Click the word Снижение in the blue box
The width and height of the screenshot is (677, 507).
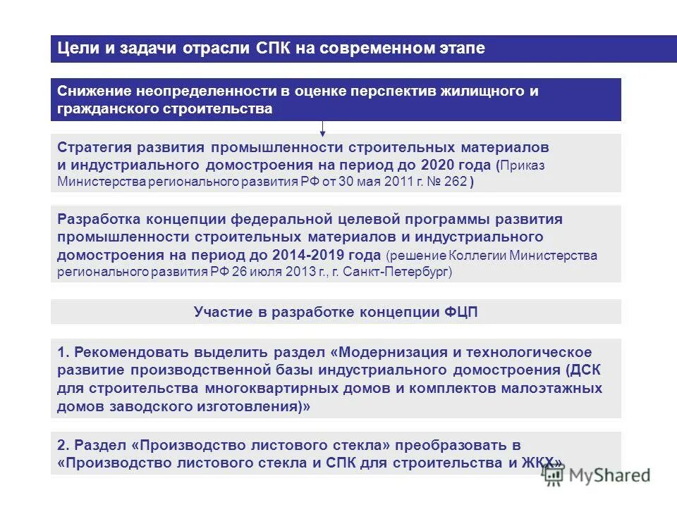[91, 92]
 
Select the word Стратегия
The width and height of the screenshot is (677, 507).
[94, 148]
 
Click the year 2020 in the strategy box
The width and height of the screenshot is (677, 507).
[437, 165]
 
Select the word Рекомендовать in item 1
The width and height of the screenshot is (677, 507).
[126, 352]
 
